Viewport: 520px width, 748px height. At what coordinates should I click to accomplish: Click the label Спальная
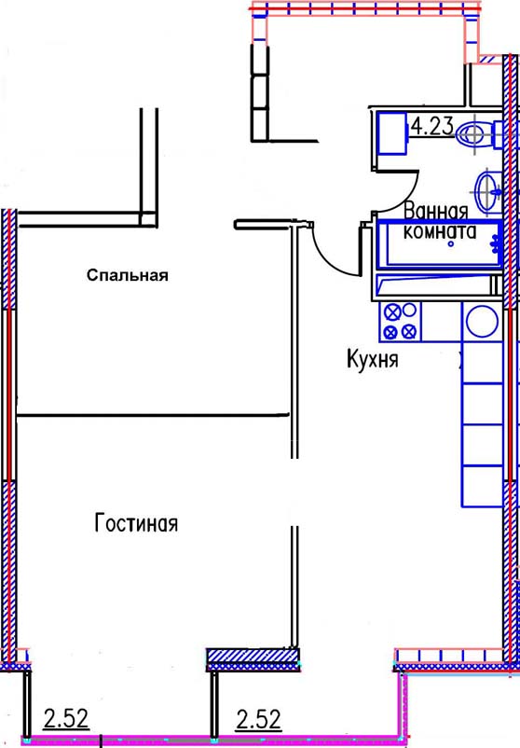(x=128, y=275)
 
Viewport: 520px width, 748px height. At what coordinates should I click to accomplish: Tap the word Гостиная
(x=136, y=523)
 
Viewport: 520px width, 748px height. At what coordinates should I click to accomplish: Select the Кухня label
(x=372, y=359)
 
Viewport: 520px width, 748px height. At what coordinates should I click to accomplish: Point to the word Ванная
(x=436, y=212)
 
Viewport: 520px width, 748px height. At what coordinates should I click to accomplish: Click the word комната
(x=440, y=231)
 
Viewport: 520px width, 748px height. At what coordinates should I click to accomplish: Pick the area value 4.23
(x=432, y=127)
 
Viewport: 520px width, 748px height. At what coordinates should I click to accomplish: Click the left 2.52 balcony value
(x=66, y=719)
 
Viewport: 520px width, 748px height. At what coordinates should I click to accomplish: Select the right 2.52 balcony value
(x=259, y=720)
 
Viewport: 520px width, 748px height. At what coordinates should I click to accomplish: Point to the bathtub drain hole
(x=451, y=243)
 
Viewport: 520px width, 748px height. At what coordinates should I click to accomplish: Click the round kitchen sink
(x=483, y=321)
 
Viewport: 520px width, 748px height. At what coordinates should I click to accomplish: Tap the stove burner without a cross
(x=409, y=310)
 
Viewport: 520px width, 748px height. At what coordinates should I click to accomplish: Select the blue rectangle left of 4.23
(x=390, y=133)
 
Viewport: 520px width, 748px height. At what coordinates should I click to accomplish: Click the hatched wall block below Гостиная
(x=253, y=658)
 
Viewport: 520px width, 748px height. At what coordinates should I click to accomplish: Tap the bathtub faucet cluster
(x=496, y=242)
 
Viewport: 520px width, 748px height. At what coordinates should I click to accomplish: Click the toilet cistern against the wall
(x=498, y=135)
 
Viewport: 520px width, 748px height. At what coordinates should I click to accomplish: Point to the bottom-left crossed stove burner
(x=391, y=331)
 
